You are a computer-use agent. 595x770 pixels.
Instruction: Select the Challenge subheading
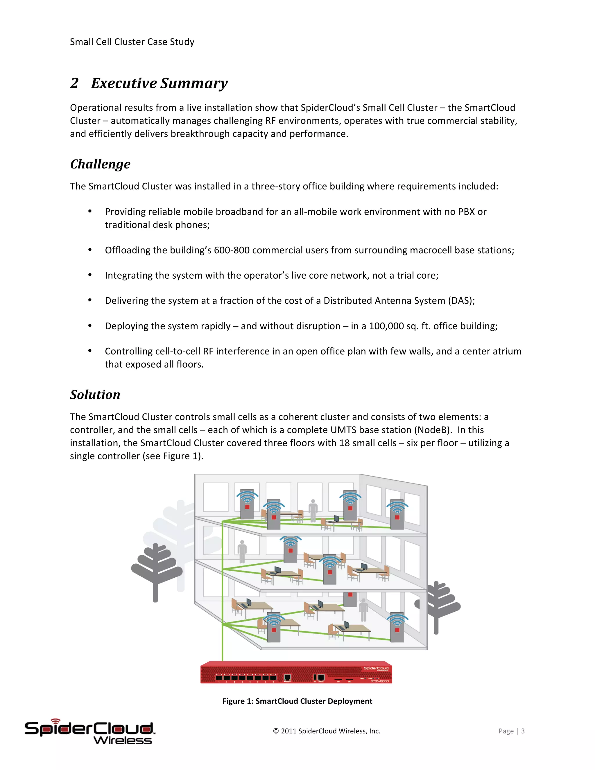(101, 164)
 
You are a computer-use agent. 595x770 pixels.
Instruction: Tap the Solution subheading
(95, 395)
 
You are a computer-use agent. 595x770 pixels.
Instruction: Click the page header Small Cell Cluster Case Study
(132, 42)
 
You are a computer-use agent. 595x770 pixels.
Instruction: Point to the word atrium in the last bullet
(505, 352)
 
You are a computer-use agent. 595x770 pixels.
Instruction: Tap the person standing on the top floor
(313, 510)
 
